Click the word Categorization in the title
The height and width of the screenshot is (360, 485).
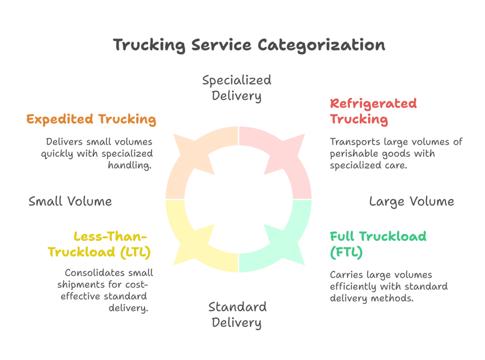point(321,45)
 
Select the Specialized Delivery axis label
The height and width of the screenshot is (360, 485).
point(236,88)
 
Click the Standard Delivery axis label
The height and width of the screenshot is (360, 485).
point(237,315)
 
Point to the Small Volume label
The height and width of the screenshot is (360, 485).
point(70,201)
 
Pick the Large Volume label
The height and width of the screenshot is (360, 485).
point(411,202)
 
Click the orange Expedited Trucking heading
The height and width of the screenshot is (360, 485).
point(91,119)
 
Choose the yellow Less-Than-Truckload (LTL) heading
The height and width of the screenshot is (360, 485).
point(99,243)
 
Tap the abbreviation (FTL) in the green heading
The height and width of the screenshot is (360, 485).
point(346,252)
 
